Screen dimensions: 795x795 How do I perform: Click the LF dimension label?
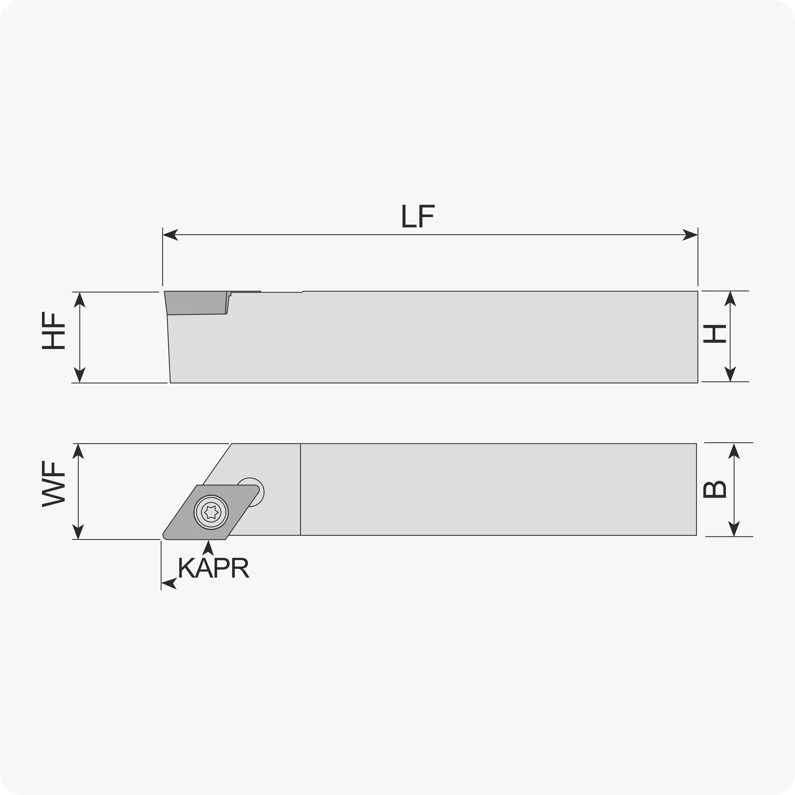[x=418, y=216]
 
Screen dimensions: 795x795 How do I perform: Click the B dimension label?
[x=714, y=489]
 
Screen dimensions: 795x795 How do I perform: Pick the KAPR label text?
[x=214, y=568]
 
